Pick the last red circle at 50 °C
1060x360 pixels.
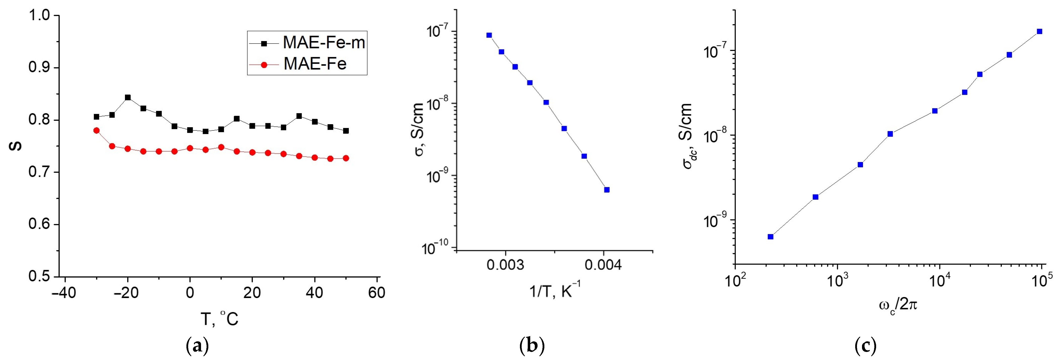(x=346, y=158)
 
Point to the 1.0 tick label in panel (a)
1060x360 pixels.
(x=39, y=16)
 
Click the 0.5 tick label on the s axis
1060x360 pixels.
(x=39, y=276)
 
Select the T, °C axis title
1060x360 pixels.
(x=219, y=319)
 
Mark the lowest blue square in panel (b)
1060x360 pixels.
(x=607, y=190)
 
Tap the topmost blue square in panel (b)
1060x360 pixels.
(x=489, y=35)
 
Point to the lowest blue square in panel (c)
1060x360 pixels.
(x=770, y=237)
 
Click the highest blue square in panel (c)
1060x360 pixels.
(x=1039, y=31)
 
